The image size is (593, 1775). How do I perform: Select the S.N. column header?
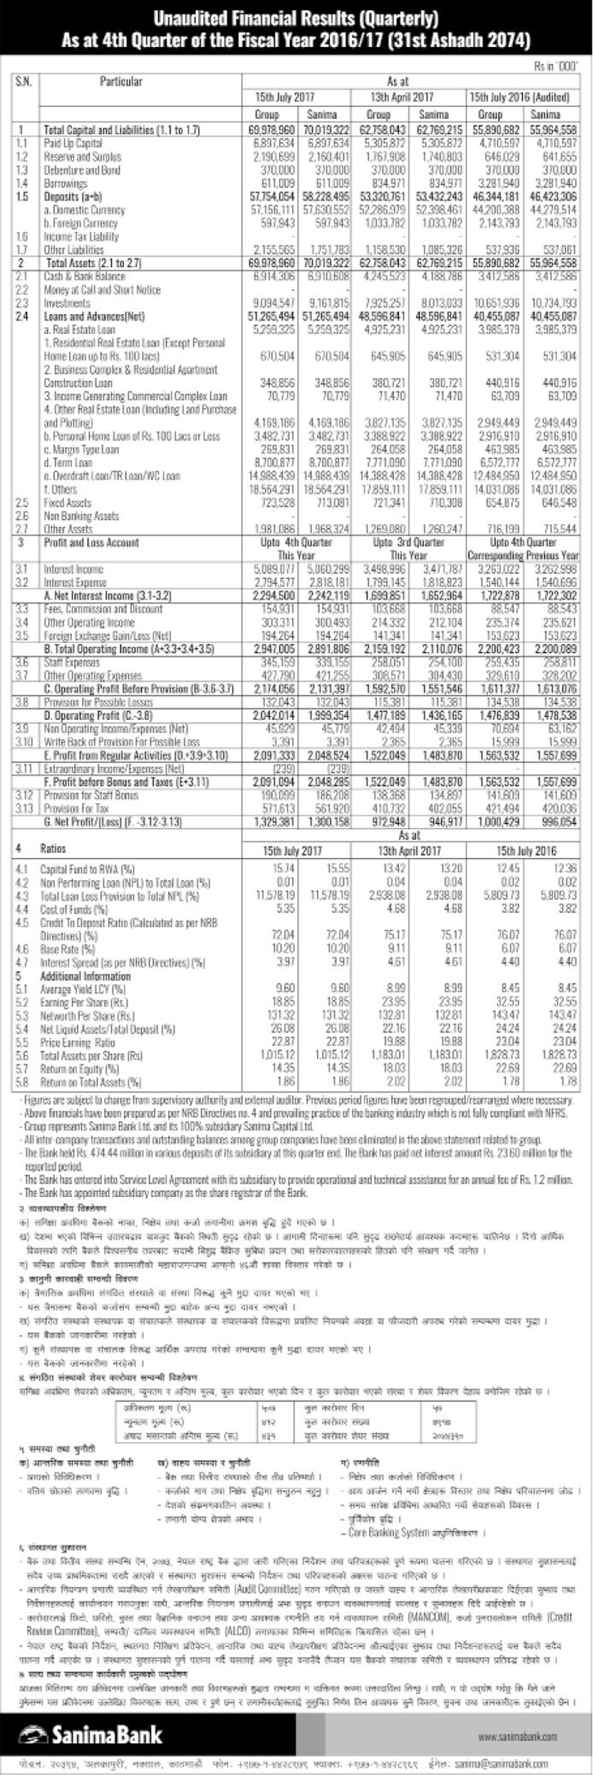pos(23,82)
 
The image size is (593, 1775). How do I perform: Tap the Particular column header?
pos(122,82)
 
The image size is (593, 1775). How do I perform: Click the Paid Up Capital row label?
pos(73,143)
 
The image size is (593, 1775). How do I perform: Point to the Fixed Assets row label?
pos(68,503)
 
